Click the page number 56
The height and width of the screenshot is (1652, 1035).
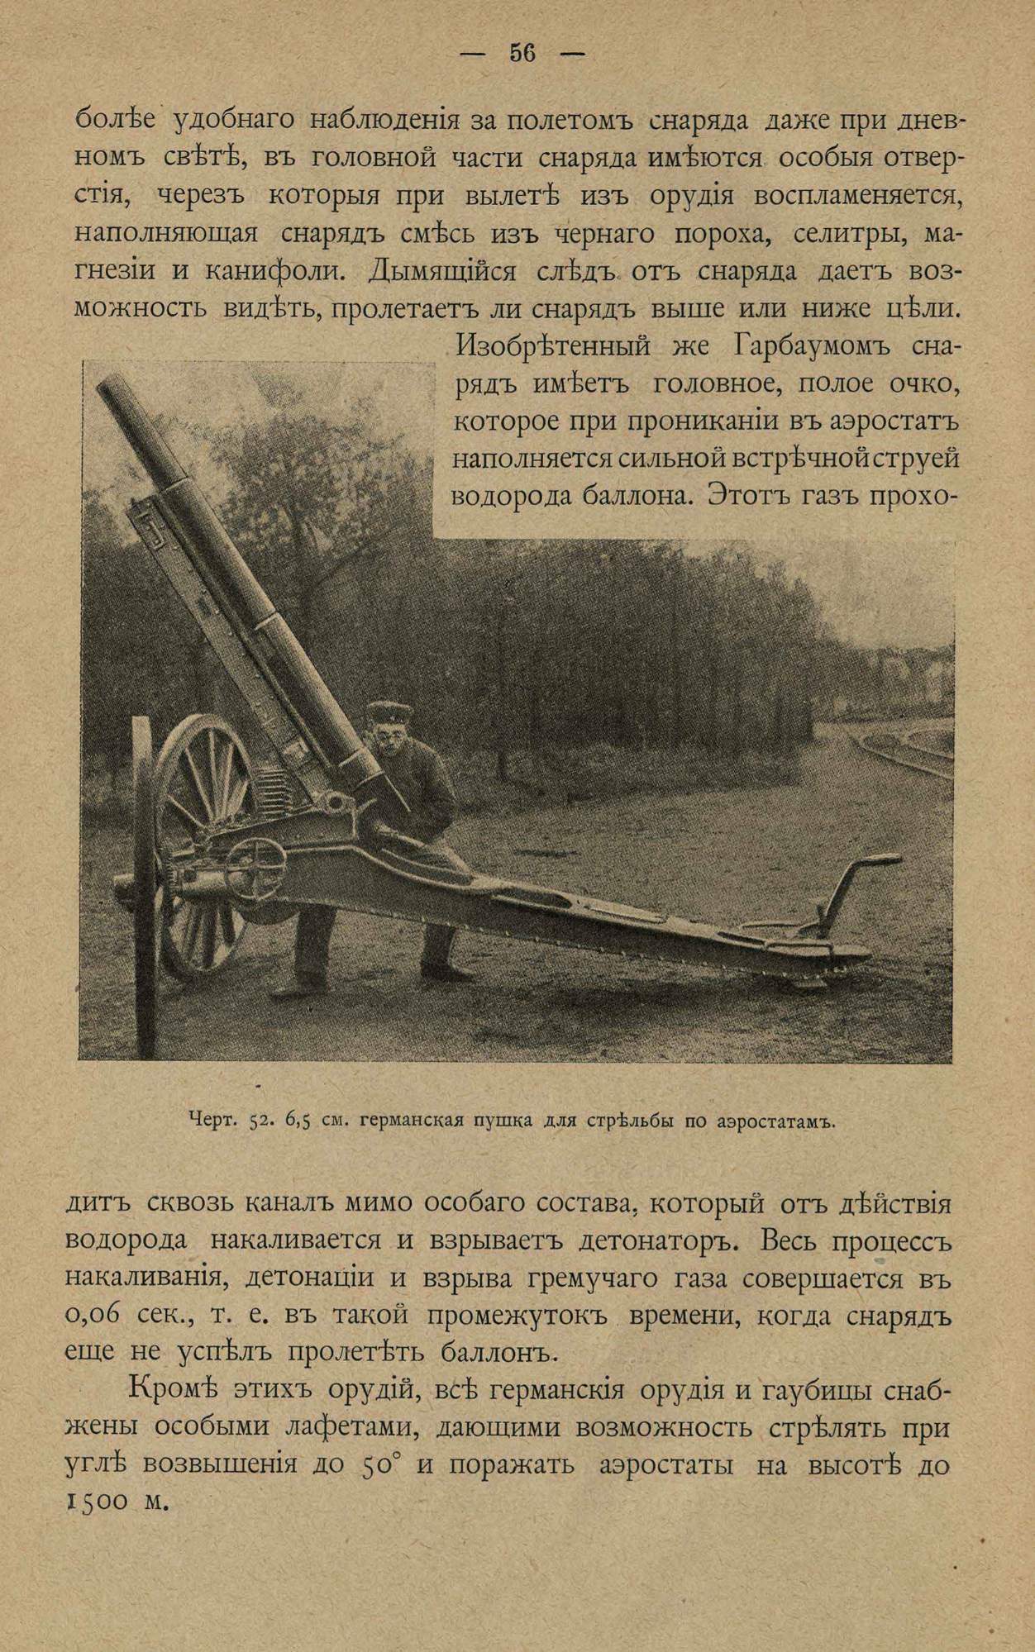(522, 54)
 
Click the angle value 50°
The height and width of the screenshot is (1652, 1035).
(381, 1465)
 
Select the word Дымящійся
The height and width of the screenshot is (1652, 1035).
(444, 271)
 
